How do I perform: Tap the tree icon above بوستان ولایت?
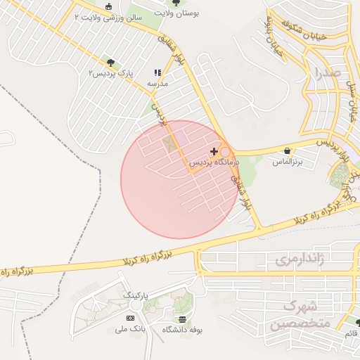click(x=176, y=3)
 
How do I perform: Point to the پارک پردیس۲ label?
click(x=112, y=73)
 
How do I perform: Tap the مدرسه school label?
click(x=157, y=83)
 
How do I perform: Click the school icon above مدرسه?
click(x=157, y=72)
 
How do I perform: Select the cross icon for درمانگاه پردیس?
click(x=214, y=151)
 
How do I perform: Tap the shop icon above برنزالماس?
click(x=288, y=150)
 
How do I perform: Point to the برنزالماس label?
click(x=287, y=162)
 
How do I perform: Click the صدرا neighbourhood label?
click(x=328, y=72)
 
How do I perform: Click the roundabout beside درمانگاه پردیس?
click(x=226, y=152)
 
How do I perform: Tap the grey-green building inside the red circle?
click(x=170, y=144)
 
